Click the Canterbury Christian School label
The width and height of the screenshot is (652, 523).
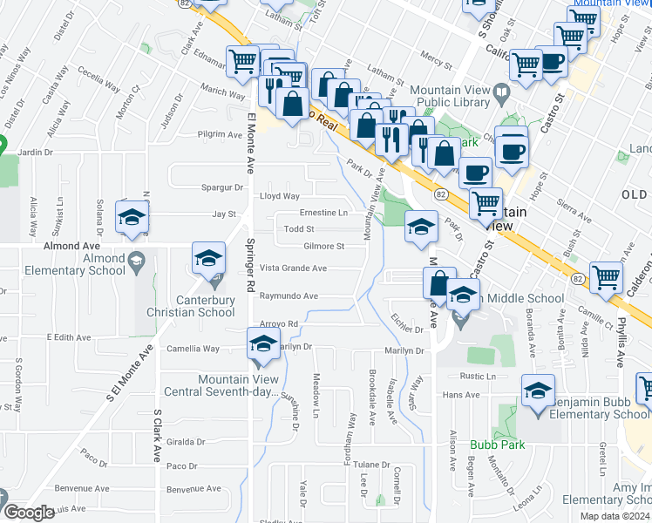(205, 306)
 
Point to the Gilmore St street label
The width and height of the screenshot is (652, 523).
(323, 247)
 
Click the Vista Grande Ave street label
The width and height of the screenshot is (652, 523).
(293, 268)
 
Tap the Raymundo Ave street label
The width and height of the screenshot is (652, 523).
(289, 296)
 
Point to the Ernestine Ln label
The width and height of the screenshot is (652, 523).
(323, 213)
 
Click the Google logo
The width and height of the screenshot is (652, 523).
(29, 513)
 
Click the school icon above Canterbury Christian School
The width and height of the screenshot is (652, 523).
(209, 258)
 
